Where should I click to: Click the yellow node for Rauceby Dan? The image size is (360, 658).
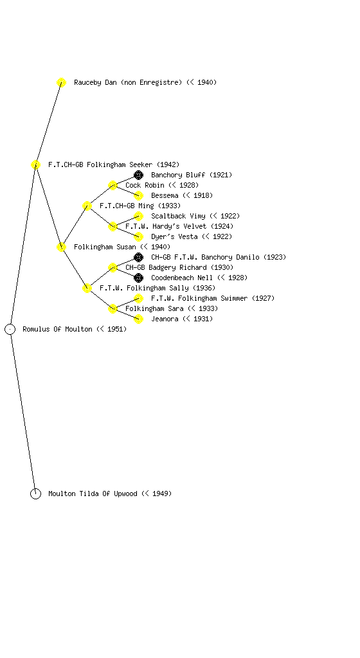pyautogui.click(x=61, y=82)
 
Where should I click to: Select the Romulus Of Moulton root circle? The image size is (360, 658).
pyautogui.click(x=10, y=329)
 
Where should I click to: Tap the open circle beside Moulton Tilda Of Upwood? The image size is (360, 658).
pyautogui.click(x=35, y=493)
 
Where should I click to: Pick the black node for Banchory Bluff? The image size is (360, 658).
pyautogui.click(x=138, y=175)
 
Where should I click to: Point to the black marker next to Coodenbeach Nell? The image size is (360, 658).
pyautogui.click(x=138, y=278)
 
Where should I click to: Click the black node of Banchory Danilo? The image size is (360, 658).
pyautogui.click(x=138, y=257)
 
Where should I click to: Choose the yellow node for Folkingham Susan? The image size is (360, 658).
pyautogui.click(x=61, y=247)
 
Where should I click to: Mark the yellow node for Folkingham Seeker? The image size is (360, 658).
pyautogui.click(x=35, y=164)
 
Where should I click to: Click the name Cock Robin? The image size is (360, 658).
pyautogui.click(x=145, y=185)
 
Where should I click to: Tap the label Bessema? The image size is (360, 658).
pyautogui.click(x=165, y=195)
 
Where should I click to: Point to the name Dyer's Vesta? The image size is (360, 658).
pyautogui.click(x=174, y=236)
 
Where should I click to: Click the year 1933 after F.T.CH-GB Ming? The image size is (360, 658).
pyautogui.click(x=170, y=206)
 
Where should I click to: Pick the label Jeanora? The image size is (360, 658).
pyautogui.click(x=165, y=319)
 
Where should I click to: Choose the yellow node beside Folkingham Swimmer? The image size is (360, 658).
pyautogui.click(x=138, y=298)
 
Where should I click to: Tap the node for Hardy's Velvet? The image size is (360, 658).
pyautogui.click(x=113, y=226)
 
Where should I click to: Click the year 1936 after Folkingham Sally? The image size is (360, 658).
pyautogui.click(x=204, y=288)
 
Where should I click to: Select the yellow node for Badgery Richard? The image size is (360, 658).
pyautogui.click(x=113, y=267)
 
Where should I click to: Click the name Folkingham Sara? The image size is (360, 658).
pyautogui.click(x=154, y=308)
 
